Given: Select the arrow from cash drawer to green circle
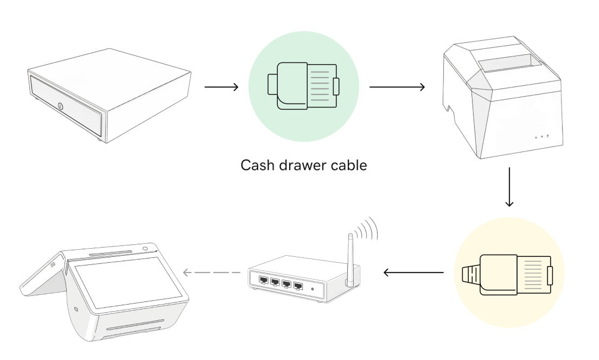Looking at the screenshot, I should click(221, 86).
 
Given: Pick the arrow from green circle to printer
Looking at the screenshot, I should click(397, 86).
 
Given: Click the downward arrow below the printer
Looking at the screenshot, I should click(509, 187).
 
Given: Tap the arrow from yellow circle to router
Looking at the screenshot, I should click(413, 273).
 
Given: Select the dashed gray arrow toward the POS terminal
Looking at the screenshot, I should click(212, 272).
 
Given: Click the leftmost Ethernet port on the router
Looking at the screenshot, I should click(263, 281).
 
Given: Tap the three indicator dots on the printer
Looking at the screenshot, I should click(541, 136).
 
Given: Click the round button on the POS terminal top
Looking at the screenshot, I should click(146, 249).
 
